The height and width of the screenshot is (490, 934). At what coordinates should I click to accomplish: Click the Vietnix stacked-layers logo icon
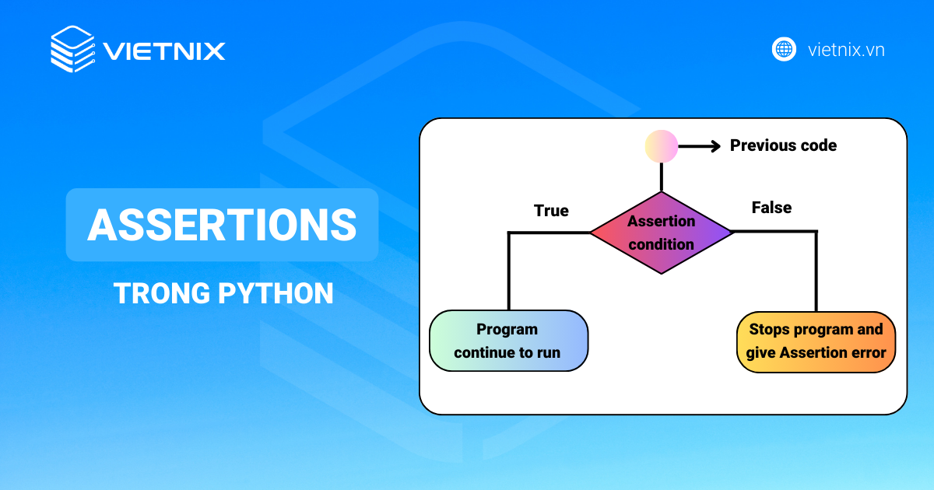(72, 50)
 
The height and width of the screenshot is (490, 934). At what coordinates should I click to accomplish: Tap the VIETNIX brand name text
(164, 51)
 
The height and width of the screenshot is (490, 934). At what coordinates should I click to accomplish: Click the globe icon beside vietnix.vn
(784, 49)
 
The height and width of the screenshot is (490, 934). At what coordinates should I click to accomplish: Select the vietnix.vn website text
(846, 50)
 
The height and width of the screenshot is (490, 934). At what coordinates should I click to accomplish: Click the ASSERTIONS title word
(222, 225)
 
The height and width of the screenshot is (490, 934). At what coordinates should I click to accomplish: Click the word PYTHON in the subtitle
(276, 294)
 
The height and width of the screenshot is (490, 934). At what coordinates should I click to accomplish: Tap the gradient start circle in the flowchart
(662, 146)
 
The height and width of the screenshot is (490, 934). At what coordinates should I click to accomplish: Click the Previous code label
(783, 145)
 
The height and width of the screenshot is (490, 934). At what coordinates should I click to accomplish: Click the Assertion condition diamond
(661, 233)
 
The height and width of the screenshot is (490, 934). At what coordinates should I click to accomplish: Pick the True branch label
(551, 211)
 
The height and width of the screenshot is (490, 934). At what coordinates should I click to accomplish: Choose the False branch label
(771, 208)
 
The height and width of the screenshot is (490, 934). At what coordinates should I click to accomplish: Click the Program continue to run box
(508, 341)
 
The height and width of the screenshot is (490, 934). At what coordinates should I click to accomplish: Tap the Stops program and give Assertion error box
(816, 341)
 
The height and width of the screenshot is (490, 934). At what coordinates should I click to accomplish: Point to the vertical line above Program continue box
(509, 272)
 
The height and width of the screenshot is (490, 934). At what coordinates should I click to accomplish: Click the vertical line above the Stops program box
(816, 272)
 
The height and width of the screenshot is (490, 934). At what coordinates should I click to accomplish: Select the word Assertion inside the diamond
(661, 221)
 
